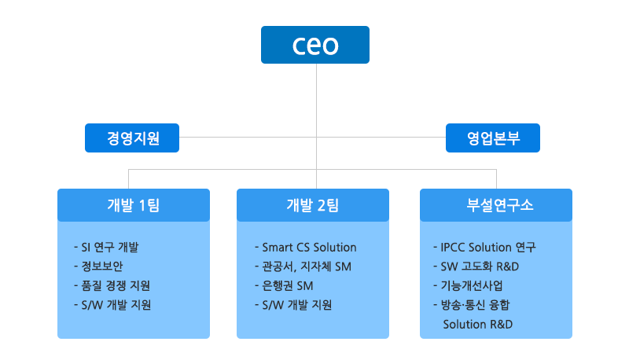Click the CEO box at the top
[315, 45]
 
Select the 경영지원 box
[132, 138]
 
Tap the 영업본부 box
[493, 138]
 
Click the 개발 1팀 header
[134, 205]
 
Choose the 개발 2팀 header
[313, 205]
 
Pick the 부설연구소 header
[496, 205]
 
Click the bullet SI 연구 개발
[106, 247]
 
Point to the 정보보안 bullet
[98, 266]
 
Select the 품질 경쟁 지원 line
[112, 285]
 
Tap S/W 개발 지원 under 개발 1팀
[112, 305]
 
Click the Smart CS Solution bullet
[306, 247]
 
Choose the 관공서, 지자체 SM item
[303, 266]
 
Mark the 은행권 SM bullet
[284, 285]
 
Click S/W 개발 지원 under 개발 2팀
[293, 305]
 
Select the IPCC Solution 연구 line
[484, 247]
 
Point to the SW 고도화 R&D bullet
[476, 266]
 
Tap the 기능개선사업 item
[468, 285]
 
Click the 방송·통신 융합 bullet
[471, 305]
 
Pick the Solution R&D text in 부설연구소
[478, 324]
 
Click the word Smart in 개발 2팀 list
[278, 248]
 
